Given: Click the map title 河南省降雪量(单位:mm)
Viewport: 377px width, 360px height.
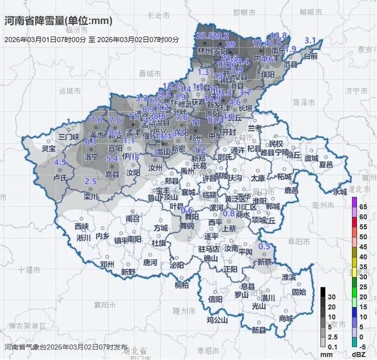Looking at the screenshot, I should pos(58,21).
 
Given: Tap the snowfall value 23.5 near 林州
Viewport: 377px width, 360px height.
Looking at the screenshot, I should pos(205,36).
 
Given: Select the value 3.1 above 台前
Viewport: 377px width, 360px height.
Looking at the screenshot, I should pos(310,41).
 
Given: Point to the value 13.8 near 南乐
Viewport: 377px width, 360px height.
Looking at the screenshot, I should pos(279,36).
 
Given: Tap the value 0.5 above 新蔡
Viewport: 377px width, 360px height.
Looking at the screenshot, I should pos(264,246).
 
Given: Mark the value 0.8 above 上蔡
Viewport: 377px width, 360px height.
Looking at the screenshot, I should pos(228,213).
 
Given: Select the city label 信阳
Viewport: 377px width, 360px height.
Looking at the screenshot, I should pos(215,299).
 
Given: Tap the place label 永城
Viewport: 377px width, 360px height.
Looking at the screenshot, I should pos(340,191).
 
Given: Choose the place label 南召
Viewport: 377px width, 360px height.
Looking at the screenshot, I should pos(133,218).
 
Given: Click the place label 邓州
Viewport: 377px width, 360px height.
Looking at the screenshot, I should pos(107,264).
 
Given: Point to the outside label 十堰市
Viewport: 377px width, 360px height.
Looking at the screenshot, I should pos(29,270).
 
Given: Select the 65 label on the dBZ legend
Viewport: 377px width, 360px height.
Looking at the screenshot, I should pos(363,206).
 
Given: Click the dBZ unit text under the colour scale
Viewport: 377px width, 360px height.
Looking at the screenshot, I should pos(359,354).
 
